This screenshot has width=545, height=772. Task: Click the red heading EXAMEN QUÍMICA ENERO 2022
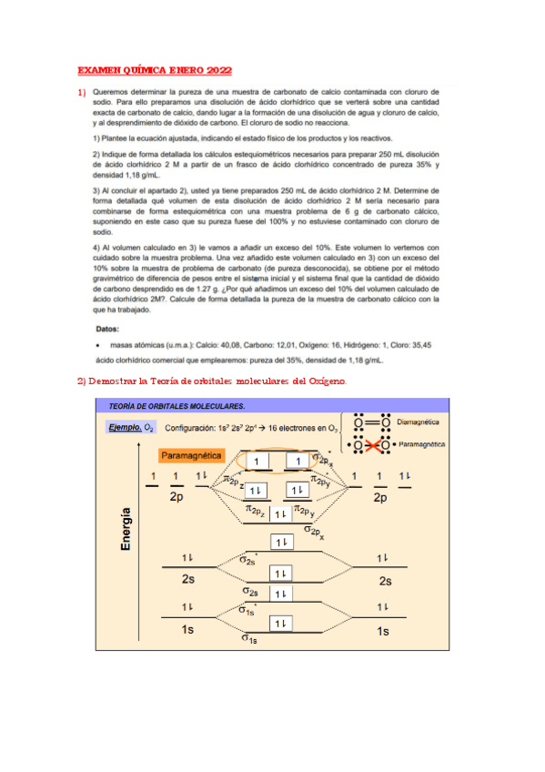click(x=154, y=70)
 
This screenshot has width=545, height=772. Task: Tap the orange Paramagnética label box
click(x=195, y=455)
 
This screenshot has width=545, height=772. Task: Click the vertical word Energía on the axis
click(x=125, y=528)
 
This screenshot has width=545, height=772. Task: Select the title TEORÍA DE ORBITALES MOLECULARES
click(x=177, y=406)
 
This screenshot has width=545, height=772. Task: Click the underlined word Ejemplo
click(x=125, y=427)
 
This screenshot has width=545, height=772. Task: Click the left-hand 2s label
click(x=189, y=579)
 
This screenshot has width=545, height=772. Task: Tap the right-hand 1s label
click(x=383, y=630)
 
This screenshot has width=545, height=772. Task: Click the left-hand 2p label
click(x=177, y=497)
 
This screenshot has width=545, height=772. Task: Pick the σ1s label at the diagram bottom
click(x=249, y=639)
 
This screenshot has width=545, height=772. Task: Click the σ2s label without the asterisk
click(x=250, y=591)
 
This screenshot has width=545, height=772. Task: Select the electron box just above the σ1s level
click(x=281, y=624)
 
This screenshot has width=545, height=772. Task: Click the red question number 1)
click(x=81, y=92)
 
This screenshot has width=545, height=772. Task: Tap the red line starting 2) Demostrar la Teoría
click(x=211, y=381)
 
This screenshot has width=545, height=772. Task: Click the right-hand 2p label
click(x=380, y=497)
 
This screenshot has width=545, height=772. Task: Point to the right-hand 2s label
click(x=385, y=581)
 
